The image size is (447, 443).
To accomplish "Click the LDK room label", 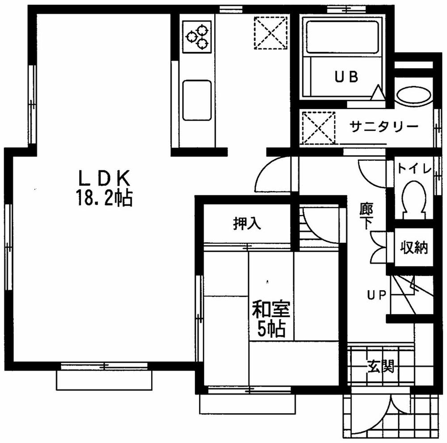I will tap(104, 179).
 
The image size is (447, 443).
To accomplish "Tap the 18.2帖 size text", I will tap(105, 198).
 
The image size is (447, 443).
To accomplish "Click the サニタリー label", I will tap(384, 127).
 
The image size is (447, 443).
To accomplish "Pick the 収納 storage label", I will tap(413, 247).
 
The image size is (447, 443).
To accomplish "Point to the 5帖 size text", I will tap(271, 329).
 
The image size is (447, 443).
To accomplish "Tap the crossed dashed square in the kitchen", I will tap(270, 32).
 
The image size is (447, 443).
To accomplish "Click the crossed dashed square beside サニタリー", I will tap(318, 128).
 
